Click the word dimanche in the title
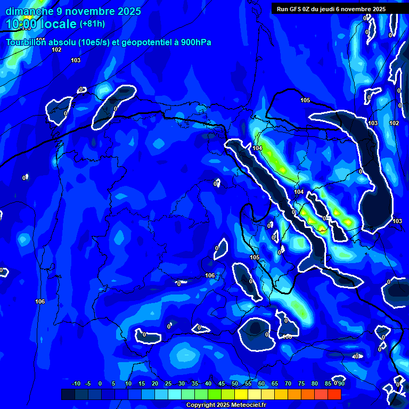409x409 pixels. click(x=29, y=11)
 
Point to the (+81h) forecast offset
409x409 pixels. click(x=92, y=24)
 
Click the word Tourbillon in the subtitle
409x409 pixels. click(x=26, y=43)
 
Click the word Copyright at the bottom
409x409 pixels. click(x=201, y=405)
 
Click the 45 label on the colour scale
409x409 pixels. click(x=222, y=383)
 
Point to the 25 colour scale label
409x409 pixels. click(x=168, y=383)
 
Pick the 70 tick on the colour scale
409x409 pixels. click(x=288, y=383)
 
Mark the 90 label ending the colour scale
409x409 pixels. click(x=341, y=383)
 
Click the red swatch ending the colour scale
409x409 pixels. click(x=334, y=394)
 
